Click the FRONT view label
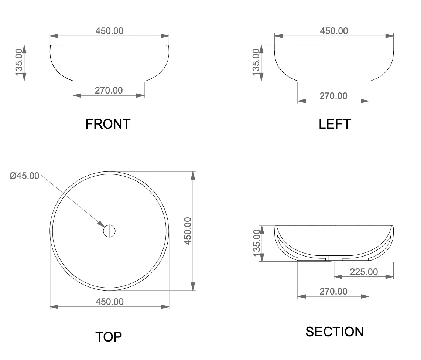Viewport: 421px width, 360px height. (x=108, y=124)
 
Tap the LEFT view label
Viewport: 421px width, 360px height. (x=335, y=124)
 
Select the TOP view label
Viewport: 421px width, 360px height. (x=109, y=337)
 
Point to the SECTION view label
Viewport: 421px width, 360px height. (x=335, y=332)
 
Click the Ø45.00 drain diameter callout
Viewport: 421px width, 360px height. (x=24, y=176)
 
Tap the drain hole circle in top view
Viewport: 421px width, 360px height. (x=109, y=231)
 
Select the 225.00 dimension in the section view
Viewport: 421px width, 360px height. (x=364, y=272)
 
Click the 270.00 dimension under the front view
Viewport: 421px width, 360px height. (x=109, y=90)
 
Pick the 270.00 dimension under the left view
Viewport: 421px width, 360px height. (x=333, y=96)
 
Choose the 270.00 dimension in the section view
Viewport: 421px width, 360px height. (x=333, y=291)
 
